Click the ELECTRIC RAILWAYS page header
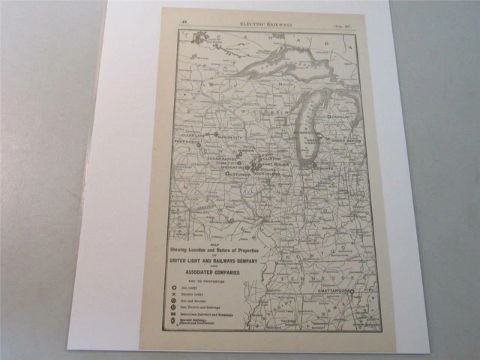268,23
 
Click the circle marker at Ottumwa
227,173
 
